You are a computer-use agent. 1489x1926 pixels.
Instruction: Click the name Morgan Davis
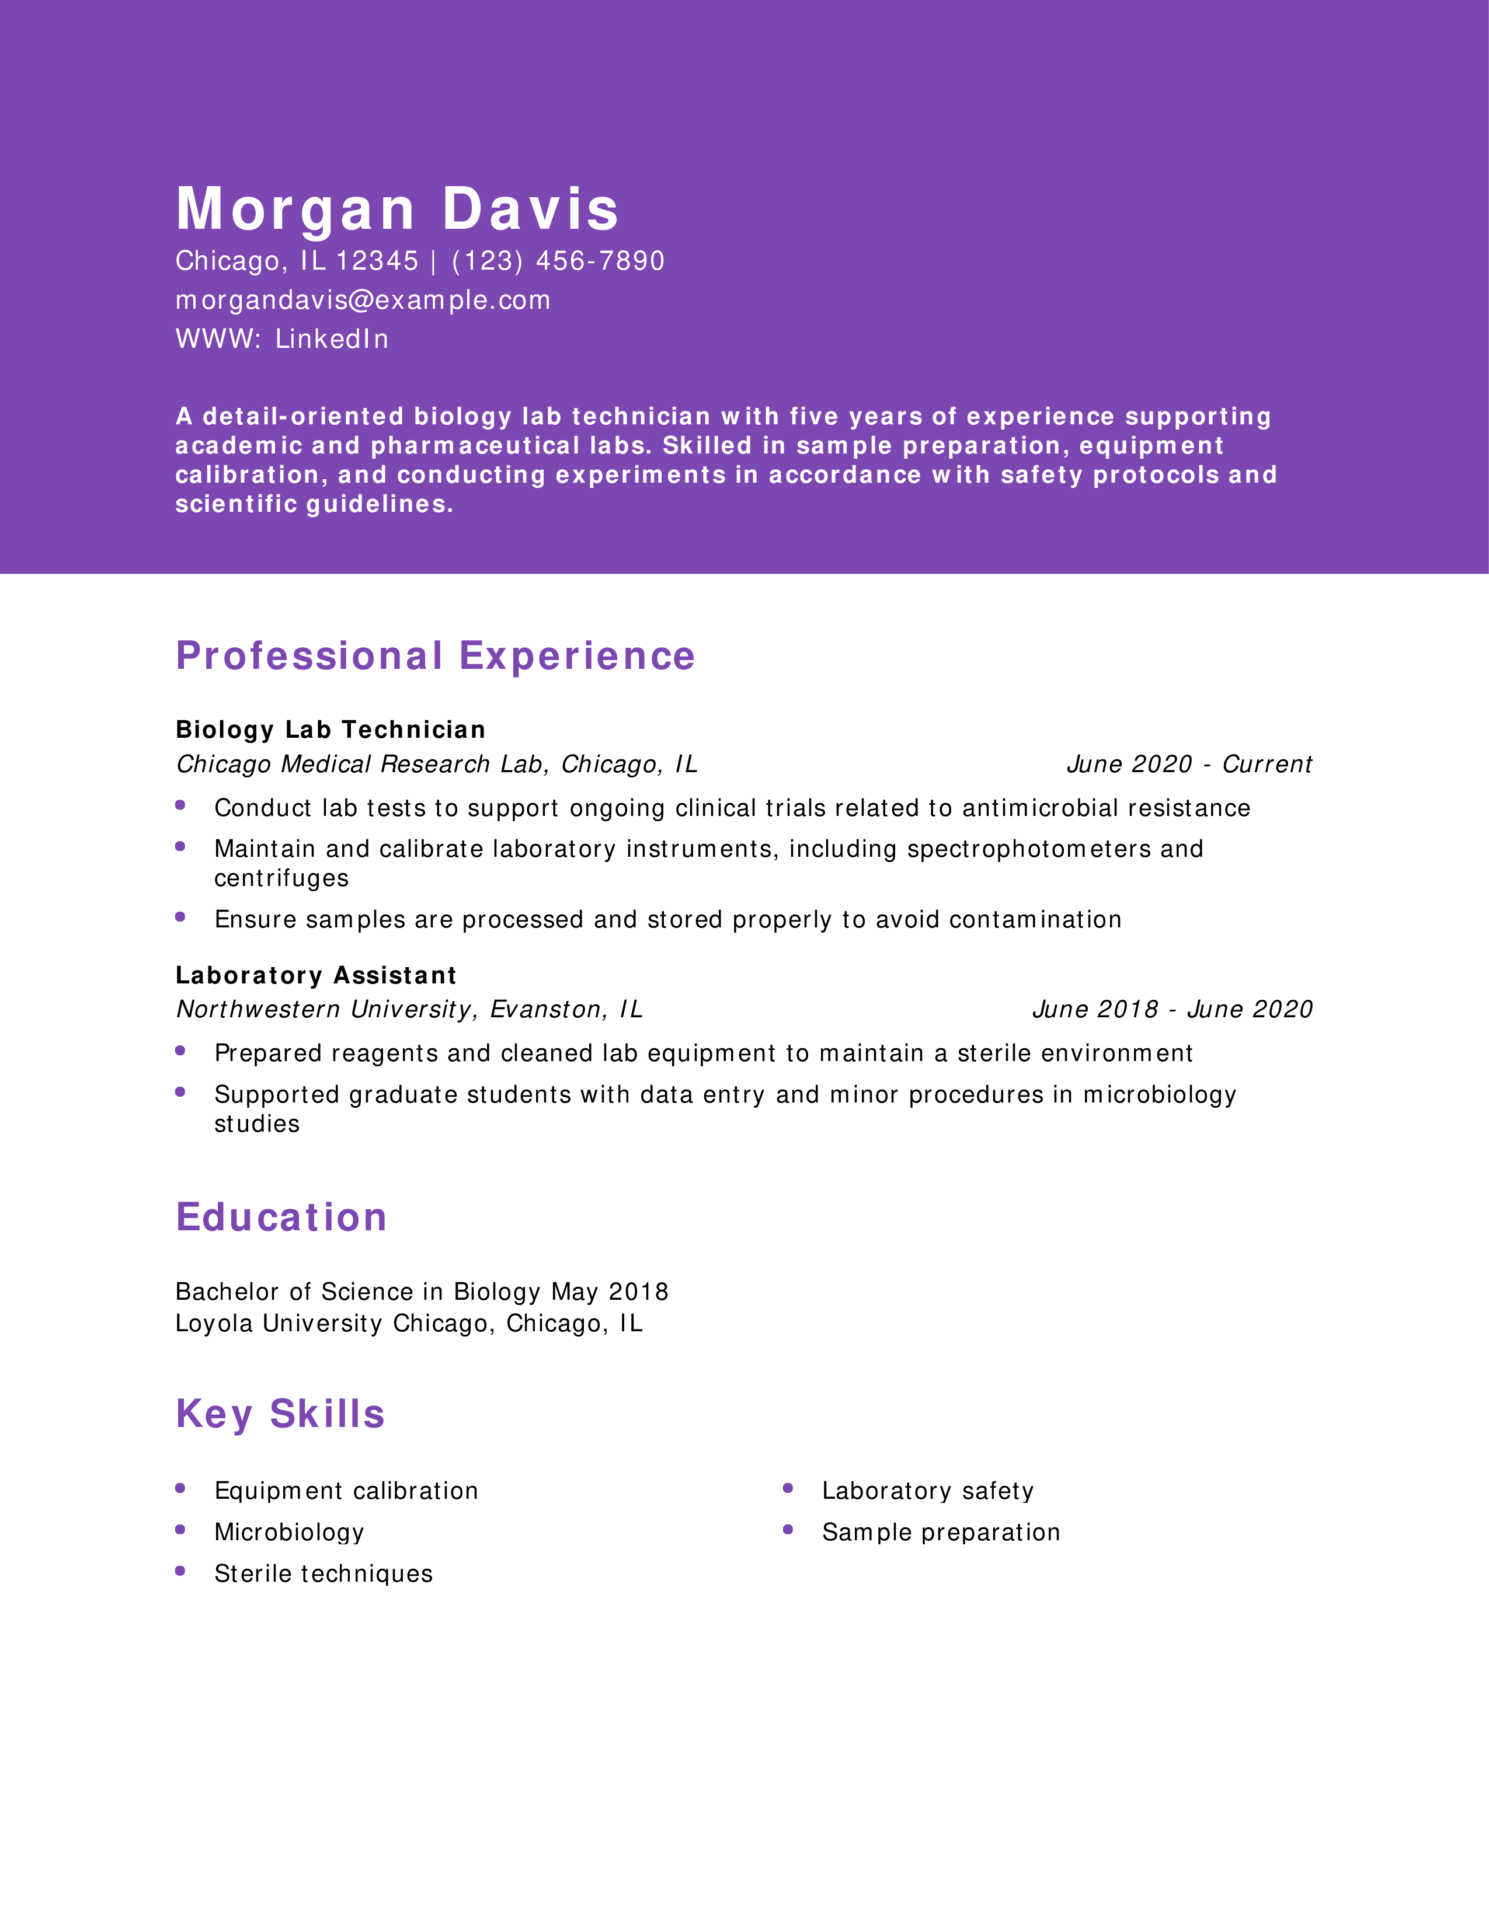tap(397, 210)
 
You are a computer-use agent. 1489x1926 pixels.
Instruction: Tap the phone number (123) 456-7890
tap(558, 261)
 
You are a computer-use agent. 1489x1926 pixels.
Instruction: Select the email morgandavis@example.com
tap(363, 301)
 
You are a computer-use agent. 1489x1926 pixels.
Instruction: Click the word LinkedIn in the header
tap(332, 340)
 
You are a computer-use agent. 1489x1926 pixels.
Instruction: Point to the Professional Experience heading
tap(435, 656)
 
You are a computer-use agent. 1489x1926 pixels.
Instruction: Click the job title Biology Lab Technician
tap(330, 730)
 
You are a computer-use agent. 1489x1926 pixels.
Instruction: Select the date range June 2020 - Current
tap(1189, 765)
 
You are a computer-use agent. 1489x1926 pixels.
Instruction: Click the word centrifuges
tap(281, 879)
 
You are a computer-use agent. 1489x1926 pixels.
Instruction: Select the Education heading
tap(281, 1218)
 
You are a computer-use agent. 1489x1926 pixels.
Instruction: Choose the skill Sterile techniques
tap(323, 1574)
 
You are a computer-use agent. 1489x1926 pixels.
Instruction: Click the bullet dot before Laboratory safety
tap(788, 1489)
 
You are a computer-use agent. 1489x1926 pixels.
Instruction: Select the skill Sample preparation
tap(940, 1533)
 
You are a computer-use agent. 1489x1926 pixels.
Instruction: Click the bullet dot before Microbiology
tap(180, 1530)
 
